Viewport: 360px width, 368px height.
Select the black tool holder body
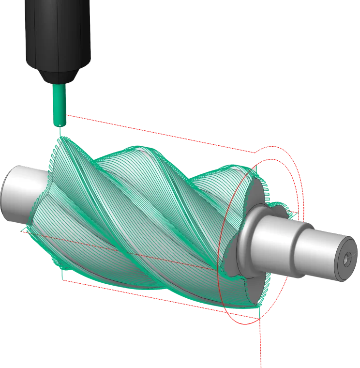(x=59, y=34)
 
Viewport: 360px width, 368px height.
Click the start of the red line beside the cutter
(x=68, y=115)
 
